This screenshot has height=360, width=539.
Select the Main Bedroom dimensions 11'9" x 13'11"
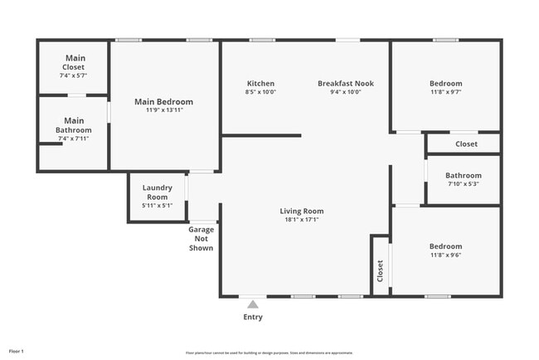pos(163,110)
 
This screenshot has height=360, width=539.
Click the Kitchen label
pos(260,84)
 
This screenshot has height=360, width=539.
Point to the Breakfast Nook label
pos(346,84)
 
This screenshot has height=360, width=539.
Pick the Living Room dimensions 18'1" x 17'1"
pos(301,220)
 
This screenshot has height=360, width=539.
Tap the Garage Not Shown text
pos(201,239)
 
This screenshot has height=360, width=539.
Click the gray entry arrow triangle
pos(253,304)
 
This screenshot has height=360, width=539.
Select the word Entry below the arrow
pos(253,317)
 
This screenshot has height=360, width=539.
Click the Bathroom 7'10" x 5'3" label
pos(463,176)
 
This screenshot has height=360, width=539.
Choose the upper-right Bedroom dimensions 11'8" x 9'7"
pos(445,92)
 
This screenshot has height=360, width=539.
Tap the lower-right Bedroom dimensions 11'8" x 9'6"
pos(445,255)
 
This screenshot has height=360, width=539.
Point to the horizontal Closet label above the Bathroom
pos(466,144)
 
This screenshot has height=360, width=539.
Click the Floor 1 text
pos(17,352)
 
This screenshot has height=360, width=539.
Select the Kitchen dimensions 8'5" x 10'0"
pos(260,92)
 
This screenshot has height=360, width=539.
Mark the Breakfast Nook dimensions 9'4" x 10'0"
pos(346,92)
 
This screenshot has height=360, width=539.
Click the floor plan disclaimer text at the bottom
pos(269,353)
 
